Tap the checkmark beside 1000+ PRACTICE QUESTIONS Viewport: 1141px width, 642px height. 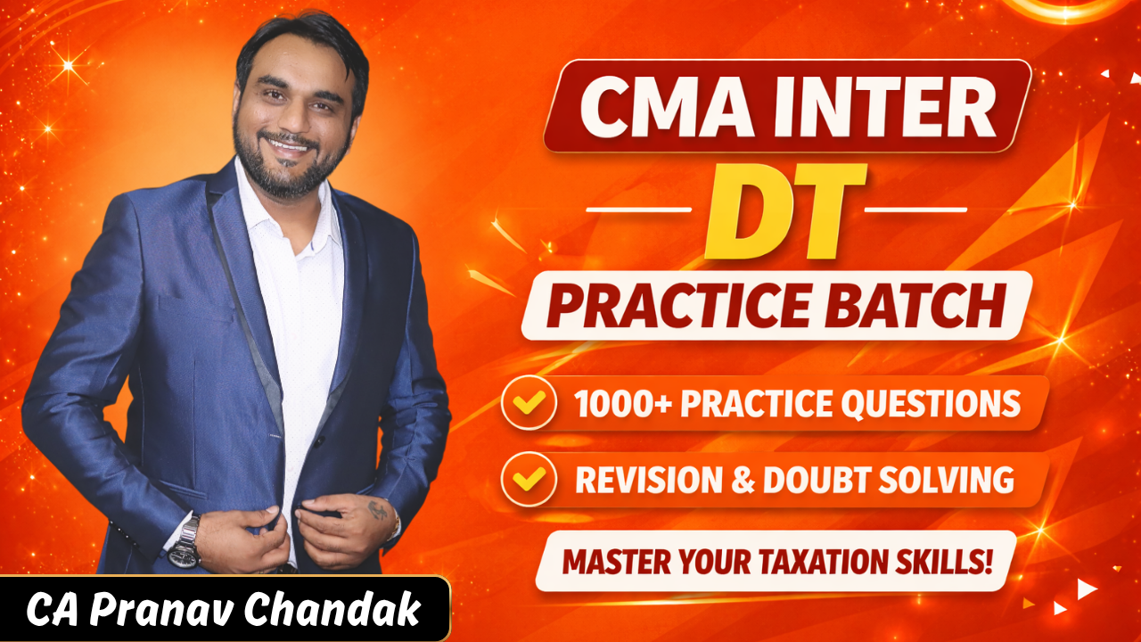529,404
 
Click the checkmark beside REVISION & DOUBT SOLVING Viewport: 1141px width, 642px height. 529,480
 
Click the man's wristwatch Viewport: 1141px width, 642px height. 185,540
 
